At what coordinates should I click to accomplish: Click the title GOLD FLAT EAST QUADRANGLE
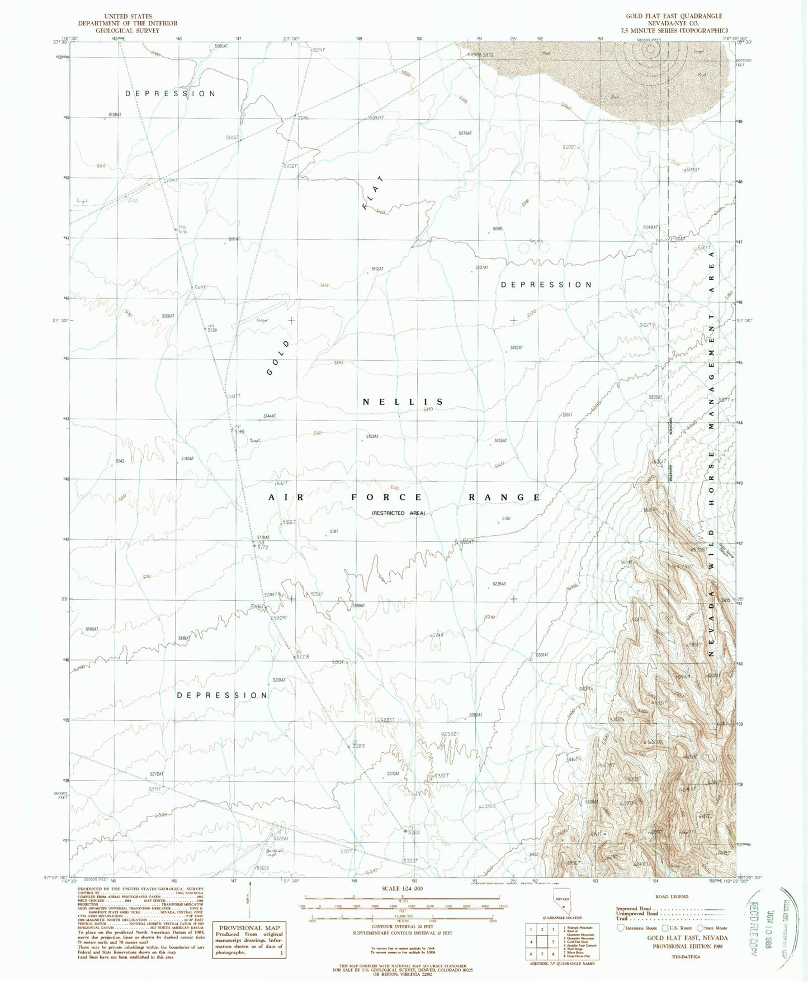point(669,16)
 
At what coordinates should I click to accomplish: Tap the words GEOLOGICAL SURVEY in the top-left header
point(127,31)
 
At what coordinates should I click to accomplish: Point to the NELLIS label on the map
point(403,402)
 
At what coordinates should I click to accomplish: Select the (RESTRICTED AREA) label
point(399,513)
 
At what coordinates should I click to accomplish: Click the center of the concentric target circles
point(650,49)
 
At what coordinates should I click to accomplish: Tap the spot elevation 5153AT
point(372,436)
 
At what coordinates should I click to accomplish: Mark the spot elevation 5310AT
point(393,773)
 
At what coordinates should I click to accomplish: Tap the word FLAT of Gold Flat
point(374,192)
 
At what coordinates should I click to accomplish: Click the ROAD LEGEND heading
point(671,896)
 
